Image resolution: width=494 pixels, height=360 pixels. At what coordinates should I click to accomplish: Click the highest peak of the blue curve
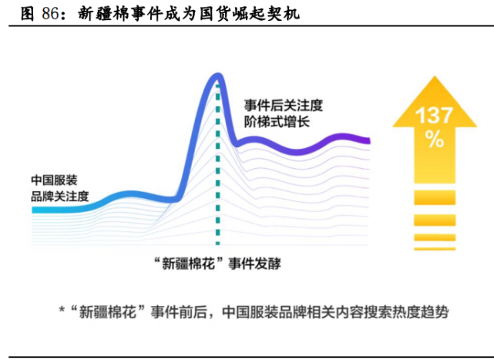coord(217,76)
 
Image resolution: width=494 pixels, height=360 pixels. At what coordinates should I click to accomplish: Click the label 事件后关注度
coord(283,105)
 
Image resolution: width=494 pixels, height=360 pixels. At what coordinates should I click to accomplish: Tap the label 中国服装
coord(54,180)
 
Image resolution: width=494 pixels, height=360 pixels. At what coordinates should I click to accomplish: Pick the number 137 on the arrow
coord(435,117)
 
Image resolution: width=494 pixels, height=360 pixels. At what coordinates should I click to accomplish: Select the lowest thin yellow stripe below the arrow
coord(435,248)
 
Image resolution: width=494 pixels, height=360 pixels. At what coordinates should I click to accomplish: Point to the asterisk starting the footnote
coord(62,311)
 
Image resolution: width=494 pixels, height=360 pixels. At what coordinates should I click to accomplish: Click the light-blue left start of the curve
coord(37,209)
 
